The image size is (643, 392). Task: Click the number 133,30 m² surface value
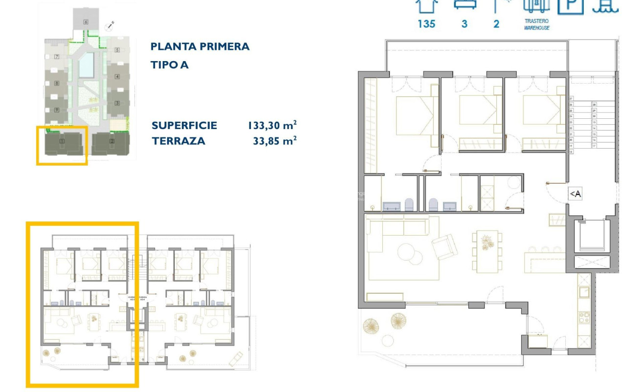click(x=272, y=125)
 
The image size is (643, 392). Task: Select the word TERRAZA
click(x=178, y=141)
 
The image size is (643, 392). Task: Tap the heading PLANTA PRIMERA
click(x=200, y=46)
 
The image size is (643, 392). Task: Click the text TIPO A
click(x=169, y=65)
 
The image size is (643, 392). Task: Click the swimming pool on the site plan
click(x=87, y=65)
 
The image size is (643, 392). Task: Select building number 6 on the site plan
click(x=86, y=22)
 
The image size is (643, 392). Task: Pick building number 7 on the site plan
click(x=57, y=57)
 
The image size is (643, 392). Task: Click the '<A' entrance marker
click(x=576, y=194)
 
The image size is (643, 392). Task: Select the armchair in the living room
click(x=445, y=247)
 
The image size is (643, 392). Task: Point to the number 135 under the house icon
click(x=426, y=23)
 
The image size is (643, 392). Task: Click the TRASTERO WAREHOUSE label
click(x=537, y=25)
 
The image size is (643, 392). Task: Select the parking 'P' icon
click(x=571, y=5)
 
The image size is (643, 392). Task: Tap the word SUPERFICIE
click(x=184, y=125)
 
